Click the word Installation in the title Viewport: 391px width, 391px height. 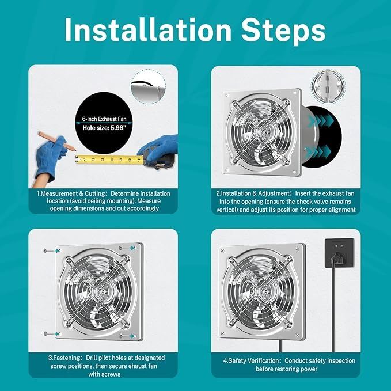(148, 30)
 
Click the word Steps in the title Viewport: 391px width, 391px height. (283, 31)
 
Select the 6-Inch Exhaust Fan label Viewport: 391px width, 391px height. (104, 119)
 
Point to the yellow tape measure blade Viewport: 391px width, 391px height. (109, 160)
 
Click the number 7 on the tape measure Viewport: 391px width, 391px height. (139, 160)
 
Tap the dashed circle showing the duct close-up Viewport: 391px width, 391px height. (148, 86)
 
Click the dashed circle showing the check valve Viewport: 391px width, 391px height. (328, 86)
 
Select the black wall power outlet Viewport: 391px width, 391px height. (339, 253)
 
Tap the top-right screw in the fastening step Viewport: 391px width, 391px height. (127, 248)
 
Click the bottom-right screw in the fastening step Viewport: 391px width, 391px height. (128, 336)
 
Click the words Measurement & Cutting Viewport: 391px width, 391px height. (71, 193)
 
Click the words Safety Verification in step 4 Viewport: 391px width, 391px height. (251, 360)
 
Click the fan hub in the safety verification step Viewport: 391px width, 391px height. (263, 291)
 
